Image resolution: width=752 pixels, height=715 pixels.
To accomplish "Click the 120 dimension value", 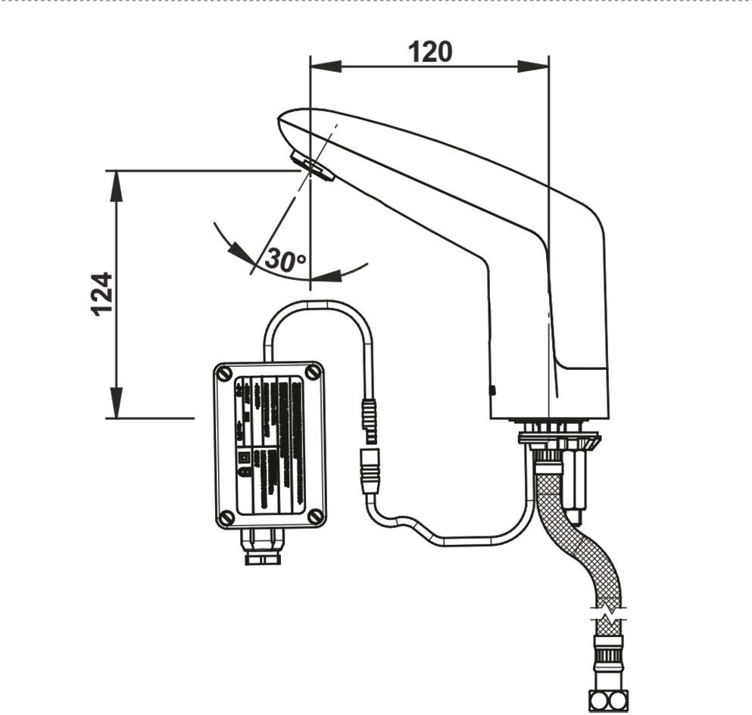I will point(429,51).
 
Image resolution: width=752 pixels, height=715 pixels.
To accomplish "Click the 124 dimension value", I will point(102,294).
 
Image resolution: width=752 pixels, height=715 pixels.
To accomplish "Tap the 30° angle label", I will point(285,260).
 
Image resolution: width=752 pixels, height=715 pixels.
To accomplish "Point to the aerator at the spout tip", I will point(311,167).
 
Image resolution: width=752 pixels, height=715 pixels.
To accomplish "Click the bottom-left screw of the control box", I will point(226,518).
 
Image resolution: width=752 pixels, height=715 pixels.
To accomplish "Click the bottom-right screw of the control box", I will point(314,517).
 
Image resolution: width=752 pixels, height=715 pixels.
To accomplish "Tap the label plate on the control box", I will point(270,445).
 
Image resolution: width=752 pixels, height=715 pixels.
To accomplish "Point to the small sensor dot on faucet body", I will point(492,390).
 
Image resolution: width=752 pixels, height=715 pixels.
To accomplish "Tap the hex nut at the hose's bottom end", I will point(608,701).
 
